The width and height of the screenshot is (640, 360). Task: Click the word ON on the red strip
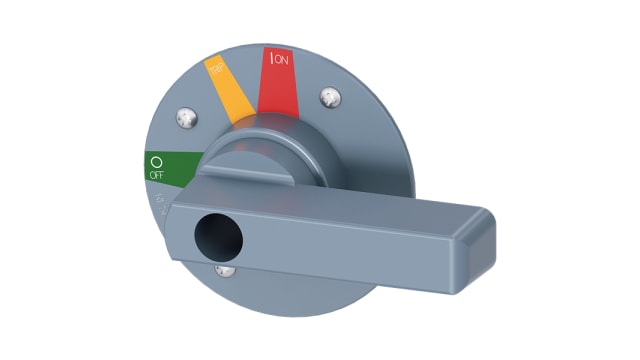click(282, 59)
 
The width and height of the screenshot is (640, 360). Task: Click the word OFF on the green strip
click(155, 175)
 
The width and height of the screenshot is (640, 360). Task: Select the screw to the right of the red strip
click(331, 98)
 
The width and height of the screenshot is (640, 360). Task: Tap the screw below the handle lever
click(226, 268)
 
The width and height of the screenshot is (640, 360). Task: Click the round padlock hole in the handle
click(214, 236)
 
